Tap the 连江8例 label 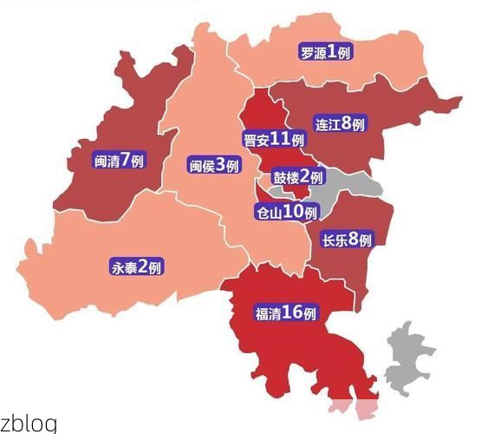pos(340,125)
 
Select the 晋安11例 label pos(275,140)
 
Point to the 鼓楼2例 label pos(298,177)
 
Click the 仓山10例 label pos(286,212)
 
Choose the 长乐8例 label pos(347,240)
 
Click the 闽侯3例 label pos(213,165)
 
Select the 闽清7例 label pos(120,160)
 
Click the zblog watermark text pos(29,424)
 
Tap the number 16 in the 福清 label pos(296,312)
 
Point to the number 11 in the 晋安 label pos(281,139)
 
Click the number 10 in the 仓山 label pos(294,211)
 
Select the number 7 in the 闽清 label pos(127,159)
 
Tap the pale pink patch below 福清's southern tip pos(354,410)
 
